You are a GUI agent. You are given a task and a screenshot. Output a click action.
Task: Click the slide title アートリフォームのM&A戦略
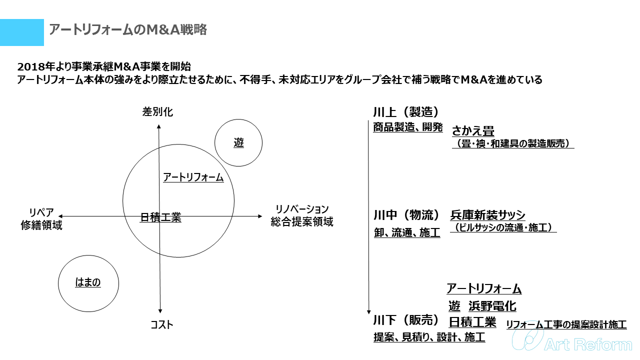[x=128, y=30]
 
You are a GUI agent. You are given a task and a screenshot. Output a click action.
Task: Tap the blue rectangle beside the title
[x=22, y=32]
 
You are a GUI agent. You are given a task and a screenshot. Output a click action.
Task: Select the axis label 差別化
[x=158, y=112]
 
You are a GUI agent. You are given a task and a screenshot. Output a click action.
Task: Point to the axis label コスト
[x=162, y=325]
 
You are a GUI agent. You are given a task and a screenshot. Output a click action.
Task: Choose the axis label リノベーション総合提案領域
[x=302, y=215]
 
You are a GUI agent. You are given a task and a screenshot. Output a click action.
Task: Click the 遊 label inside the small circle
[x=239, y=143]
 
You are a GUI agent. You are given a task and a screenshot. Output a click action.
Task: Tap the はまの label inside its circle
[x=88, y=282]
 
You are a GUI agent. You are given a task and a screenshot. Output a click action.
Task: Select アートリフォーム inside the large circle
[x=193, y=177]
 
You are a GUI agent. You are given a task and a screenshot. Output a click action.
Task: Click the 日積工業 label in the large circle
[x=160, y=217]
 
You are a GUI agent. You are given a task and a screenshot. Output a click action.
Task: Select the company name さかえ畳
[x=473, y=131]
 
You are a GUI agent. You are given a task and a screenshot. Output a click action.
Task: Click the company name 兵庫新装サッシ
[x=488, y=215]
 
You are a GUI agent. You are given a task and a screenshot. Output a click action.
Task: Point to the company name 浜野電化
[x=492, y=305]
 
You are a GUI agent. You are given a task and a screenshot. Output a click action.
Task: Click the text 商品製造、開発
[x=408, y=127]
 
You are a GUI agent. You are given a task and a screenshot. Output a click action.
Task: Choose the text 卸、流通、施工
[x=407, y=232]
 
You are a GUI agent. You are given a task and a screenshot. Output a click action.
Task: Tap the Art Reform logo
[x=573, y=343]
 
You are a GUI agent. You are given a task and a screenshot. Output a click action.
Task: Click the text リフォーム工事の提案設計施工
[x=566, y=324]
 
